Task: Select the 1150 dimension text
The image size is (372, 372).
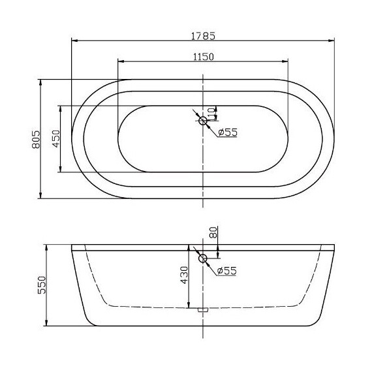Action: [204, 57]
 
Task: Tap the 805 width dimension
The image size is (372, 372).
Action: [36, 139]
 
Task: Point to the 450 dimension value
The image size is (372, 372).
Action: [56, 138]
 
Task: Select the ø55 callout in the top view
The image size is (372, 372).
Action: [227, 132]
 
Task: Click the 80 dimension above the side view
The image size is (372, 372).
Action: [213, 233]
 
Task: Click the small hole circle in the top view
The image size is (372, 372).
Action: [202, 120]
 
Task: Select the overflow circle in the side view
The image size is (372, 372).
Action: [202, 259]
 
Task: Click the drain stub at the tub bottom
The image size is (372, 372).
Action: [202, 309]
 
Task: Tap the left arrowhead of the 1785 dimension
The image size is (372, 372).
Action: [74, 40]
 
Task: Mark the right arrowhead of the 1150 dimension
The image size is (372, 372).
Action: [285, 62]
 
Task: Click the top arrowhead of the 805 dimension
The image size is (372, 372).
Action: [42, 83]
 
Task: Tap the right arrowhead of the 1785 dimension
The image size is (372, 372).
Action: [334, 40]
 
